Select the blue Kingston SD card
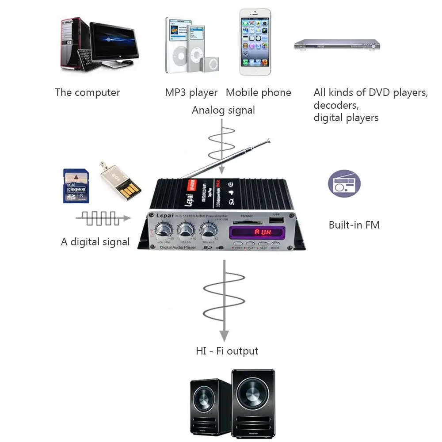pos(76,186)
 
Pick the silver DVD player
pos(337,44)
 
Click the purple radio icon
pos(344,183)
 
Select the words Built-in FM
pos(354,225)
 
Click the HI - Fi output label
pos(227,351)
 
